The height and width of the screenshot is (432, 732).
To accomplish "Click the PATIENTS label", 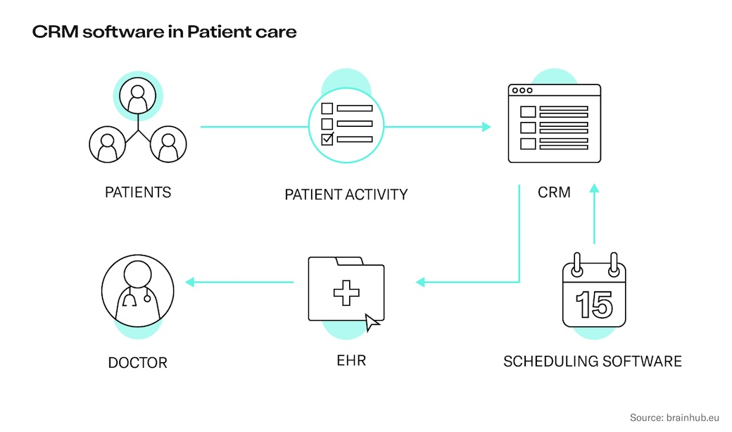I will point(138,192).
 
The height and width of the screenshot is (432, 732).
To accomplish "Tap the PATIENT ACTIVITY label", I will point(346,195).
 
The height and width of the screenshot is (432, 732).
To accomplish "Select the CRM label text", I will point(554,192).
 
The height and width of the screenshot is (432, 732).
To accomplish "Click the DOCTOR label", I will point(138,363).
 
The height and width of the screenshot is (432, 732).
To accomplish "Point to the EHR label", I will point(346,361).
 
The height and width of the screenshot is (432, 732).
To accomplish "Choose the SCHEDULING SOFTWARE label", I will point(593,362).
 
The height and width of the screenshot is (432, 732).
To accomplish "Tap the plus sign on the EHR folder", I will point(346,291).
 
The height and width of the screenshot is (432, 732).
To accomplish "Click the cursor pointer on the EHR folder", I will point(372,322).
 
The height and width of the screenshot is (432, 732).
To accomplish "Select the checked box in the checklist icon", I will point(327,139).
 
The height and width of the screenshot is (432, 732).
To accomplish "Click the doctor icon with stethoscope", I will point(137,290).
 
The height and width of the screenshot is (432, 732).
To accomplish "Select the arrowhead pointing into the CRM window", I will point(486,127).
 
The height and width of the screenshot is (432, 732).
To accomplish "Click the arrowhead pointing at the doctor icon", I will point(189,282).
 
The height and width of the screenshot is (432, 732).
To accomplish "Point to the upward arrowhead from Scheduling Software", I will point(594,188).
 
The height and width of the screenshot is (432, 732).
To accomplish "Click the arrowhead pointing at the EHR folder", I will point(420,282).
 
